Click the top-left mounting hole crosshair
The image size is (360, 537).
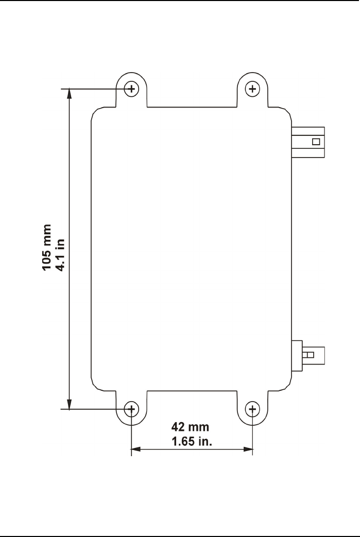pyautogui.click(x=132, y=89)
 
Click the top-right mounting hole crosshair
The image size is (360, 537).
pyautogui.click(x=252, y=89)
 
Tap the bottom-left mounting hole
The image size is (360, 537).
pyautogui.click(x=132, y=409)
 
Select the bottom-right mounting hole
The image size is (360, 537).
pyautogui.click(x=252, y=409)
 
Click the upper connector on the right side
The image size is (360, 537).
pyautogui.click(x=308, y=142)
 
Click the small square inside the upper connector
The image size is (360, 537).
pyautogui.click(x=316, y=142)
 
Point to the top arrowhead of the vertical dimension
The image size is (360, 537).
pyautogui.click(x=69, y=93)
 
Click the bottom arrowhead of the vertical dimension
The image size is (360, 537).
pyautogui.click(x=69, y=405)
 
